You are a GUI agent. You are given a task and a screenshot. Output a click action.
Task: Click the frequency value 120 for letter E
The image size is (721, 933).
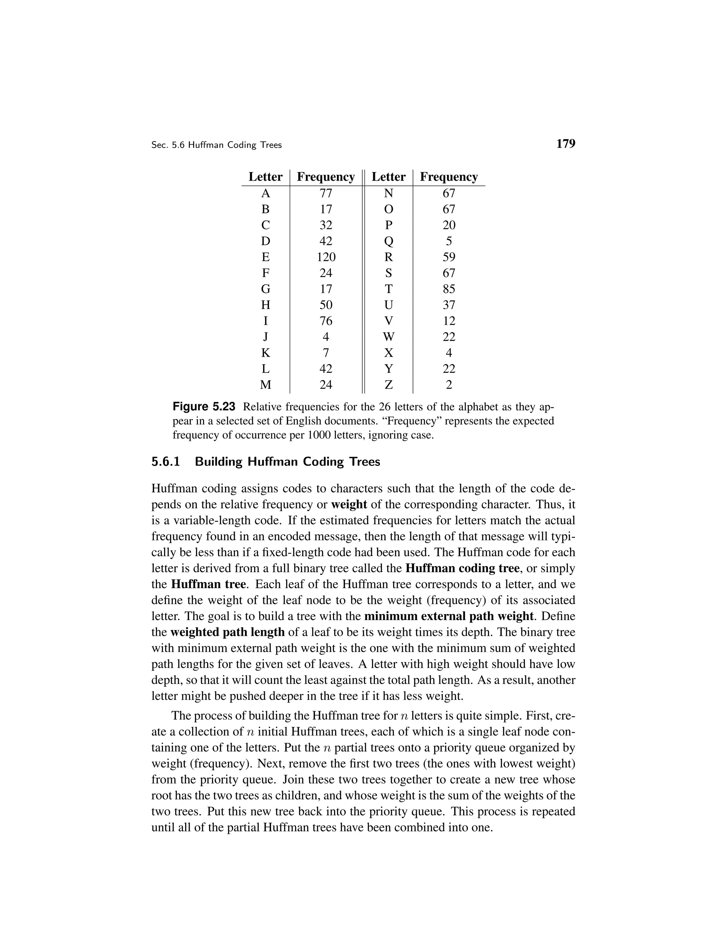(x=326, y=257)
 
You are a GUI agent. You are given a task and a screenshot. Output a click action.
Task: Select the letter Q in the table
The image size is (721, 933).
(x=388, y=242)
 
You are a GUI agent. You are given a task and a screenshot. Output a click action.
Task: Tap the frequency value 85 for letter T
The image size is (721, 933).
(x=449, y=289)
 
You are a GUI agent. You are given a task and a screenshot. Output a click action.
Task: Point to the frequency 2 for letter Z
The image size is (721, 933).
(x=449, y=385)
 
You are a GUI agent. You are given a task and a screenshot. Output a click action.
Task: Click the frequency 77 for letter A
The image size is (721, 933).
(x=326, y=194)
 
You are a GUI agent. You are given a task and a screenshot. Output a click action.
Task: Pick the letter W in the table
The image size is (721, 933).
(x=388, y=337)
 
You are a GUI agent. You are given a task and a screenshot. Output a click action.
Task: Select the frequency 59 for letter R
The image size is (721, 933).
(x=449, y=257)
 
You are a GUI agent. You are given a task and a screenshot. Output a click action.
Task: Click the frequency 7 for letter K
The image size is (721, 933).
(x=326, y=353)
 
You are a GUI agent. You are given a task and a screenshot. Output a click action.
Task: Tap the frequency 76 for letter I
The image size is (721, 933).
(x=326, y=321)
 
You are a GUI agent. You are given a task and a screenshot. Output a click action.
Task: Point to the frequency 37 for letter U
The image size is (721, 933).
(x=449, y=305)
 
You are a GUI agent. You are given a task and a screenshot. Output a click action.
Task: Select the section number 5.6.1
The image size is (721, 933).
(x=166, y=462)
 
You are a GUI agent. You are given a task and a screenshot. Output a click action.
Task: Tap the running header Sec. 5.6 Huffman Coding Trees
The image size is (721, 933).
(x=217, y=145)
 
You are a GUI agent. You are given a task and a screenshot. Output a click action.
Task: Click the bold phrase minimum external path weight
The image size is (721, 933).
(x=449, y=616)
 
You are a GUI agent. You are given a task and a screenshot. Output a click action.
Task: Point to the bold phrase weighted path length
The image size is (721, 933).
(x=227, y=632)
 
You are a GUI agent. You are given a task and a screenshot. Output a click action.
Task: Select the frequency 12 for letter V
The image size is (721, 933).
(x=449, y=321)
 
